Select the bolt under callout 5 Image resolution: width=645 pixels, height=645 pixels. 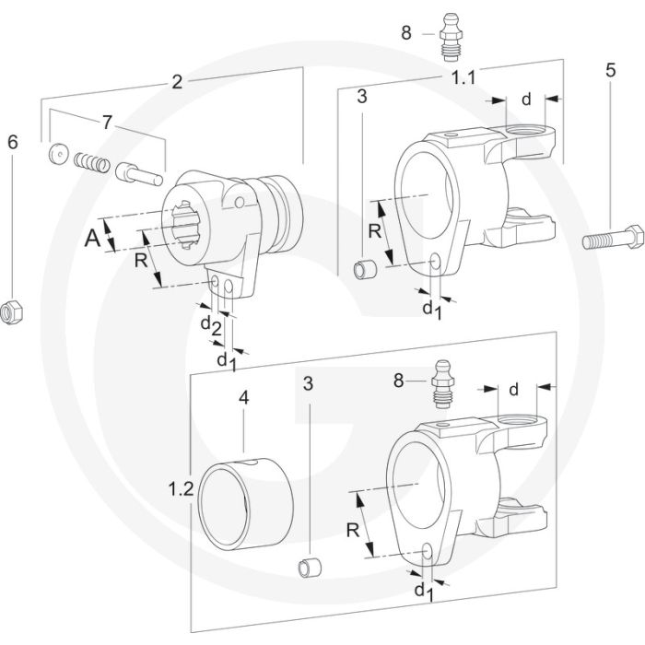pyautogui.click(x=612, y=241)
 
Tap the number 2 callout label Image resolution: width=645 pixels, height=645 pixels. pyautogui.click(x=177, y=81)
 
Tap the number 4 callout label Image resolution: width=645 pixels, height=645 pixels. pyautogui.click(x=244, y=400)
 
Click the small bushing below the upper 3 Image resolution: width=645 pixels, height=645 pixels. pyautogui.click(x=367, y=270)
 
